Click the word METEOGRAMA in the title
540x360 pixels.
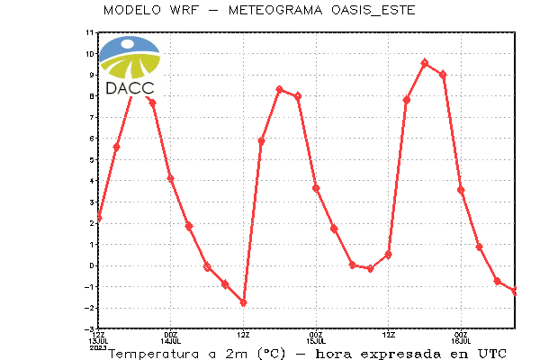[275, 10]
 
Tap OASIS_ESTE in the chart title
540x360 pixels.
[373, 10]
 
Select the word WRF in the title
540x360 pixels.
[184, 10]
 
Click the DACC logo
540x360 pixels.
[130, 66]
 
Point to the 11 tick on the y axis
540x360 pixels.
[89, 32]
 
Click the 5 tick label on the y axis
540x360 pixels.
[91, 160]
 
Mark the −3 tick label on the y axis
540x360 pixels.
[89, 329]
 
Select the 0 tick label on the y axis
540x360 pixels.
[91, 265]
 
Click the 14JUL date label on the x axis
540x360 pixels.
[170, 341]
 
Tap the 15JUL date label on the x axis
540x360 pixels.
[316, 341]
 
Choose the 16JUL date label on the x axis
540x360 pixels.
[461, 341]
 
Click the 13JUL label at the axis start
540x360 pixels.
[98, 341]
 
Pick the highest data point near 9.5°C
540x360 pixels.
[425, 63]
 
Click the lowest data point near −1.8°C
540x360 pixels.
[244, 302]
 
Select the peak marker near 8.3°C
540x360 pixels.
[280, 90]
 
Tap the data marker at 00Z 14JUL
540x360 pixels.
[170, 178]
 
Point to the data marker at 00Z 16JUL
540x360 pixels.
[461, 190]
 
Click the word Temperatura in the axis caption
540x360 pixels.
[154, 354]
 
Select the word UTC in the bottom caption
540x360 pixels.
[492, 354]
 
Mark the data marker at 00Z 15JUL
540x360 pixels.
[316, 188]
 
